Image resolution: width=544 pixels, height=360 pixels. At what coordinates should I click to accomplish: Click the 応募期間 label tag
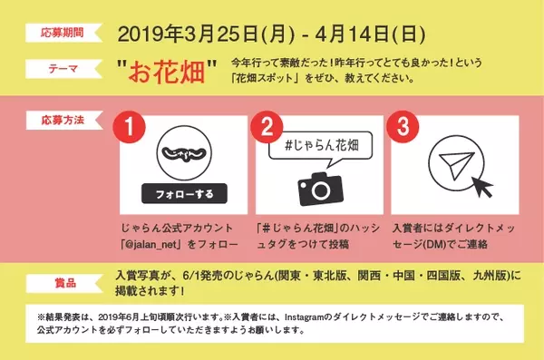[63, 33]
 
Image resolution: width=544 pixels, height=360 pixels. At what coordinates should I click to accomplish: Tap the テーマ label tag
[63, 69]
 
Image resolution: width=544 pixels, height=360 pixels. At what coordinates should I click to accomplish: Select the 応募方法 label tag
[63, 120]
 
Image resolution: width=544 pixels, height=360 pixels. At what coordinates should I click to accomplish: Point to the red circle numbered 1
[129, 127]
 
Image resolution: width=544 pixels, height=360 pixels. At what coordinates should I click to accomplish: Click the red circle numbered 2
[267, 127]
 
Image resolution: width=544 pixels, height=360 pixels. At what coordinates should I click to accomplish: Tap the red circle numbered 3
[403, 127]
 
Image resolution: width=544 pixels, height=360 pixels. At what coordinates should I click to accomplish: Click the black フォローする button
[184, 194]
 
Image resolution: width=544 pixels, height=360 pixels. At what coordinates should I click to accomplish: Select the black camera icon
[320, 189]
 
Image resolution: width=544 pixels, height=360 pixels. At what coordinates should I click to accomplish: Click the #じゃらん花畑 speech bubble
[321, 147]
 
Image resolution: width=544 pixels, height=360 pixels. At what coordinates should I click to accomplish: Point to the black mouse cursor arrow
[481, 186]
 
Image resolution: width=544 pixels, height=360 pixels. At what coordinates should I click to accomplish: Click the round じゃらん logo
[184, 153]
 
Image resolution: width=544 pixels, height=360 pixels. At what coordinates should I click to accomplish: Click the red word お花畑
[166, 73]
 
